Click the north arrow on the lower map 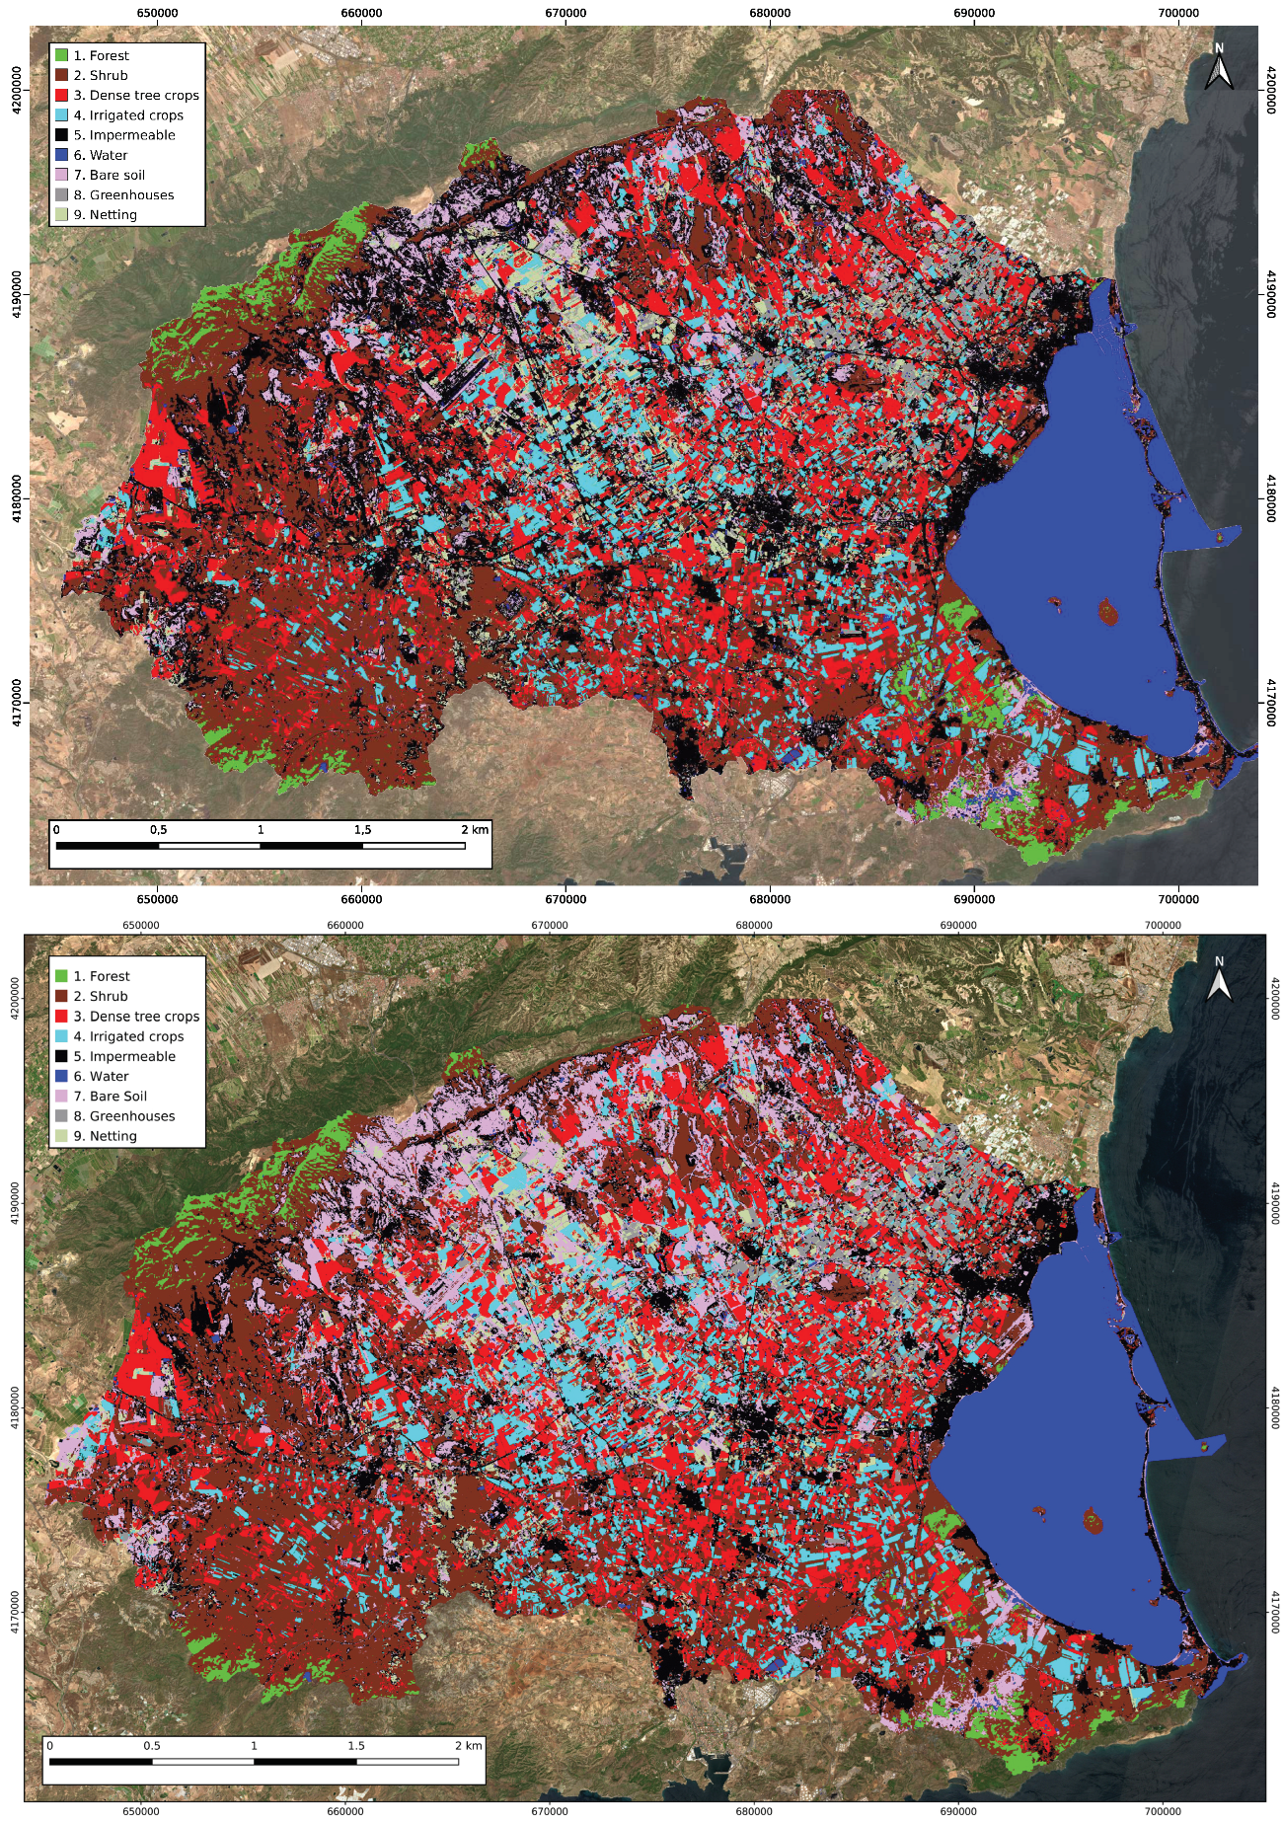click(x=1219, y=979)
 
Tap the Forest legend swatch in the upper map click(x=61, y=55)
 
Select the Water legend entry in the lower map click(x=101, y=1076)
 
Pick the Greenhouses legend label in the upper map click(x=131, y=194)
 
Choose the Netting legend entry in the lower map click(x=105, y=1136)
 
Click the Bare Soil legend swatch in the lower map click(x=61, y=1096)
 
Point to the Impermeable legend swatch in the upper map click(x=61, y=135)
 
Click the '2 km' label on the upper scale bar click(x=475, y=829)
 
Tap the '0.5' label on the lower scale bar click(x=152, y=1745)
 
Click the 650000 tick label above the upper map click(x=157, y=13)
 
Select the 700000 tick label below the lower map click(x=1163, y=1811)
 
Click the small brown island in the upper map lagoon click(x=1107, y=615)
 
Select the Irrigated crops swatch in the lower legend click(x=61, y=1036)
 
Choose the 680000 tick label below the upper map click(x=770, y=899)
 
